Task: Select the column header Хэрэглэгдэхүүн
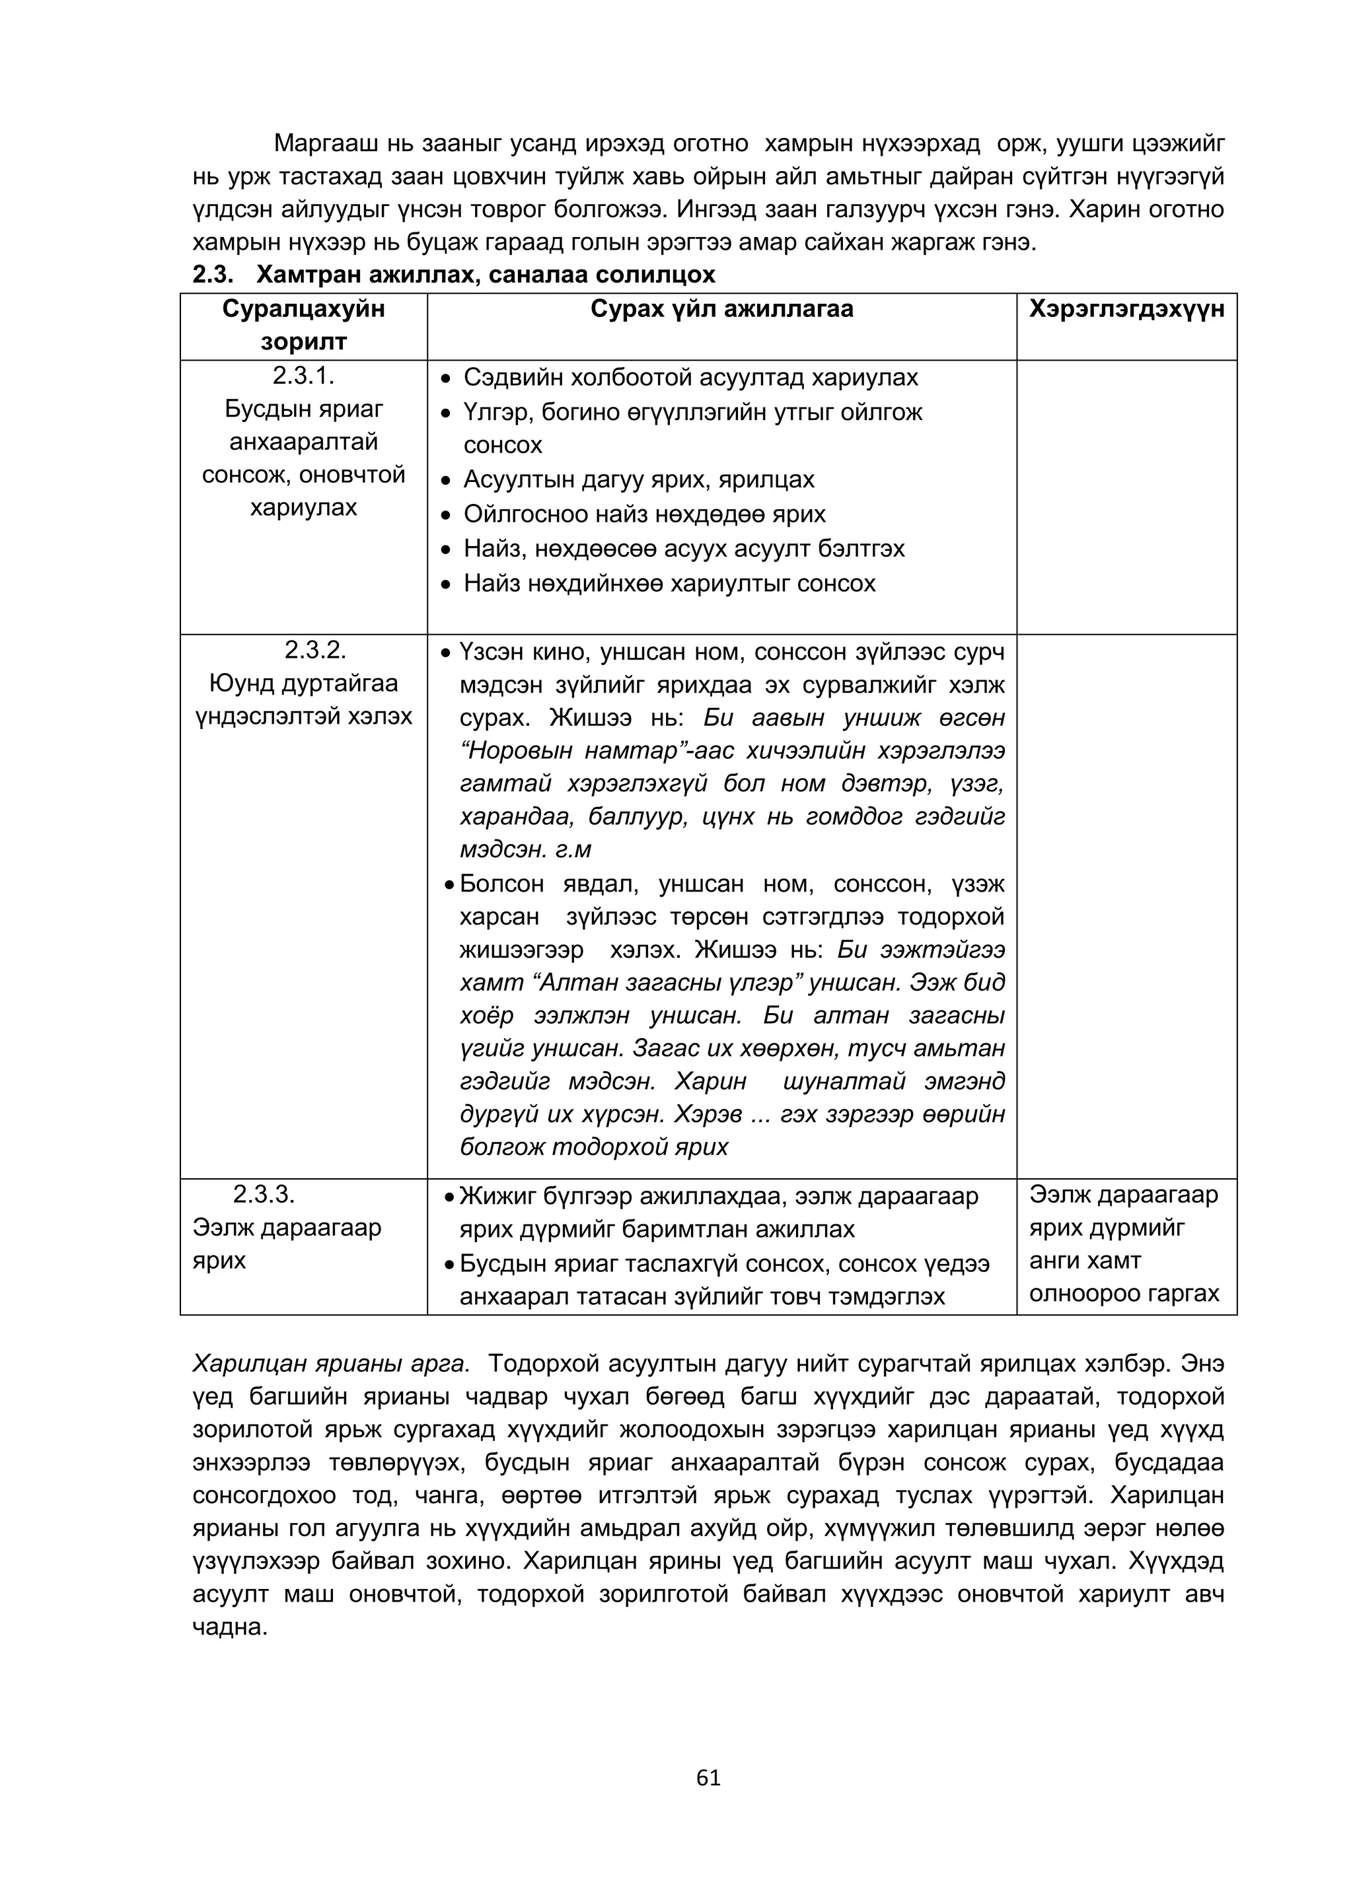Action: (x=1126, y=310)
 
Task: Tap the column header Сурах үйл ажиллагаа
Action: (x=721, y=310)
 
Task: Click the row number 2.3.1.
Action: (x=303, y=376)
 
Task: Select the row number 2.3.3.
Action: (x=264, y=1194)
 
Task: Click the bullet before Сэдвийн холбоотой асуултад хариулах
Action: (x=447, y=379)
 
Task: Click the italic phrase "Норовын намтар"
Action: (x=546, y=752)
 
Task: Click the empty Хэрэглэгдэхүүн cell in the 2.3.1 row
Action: (x=1126, y=497)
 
